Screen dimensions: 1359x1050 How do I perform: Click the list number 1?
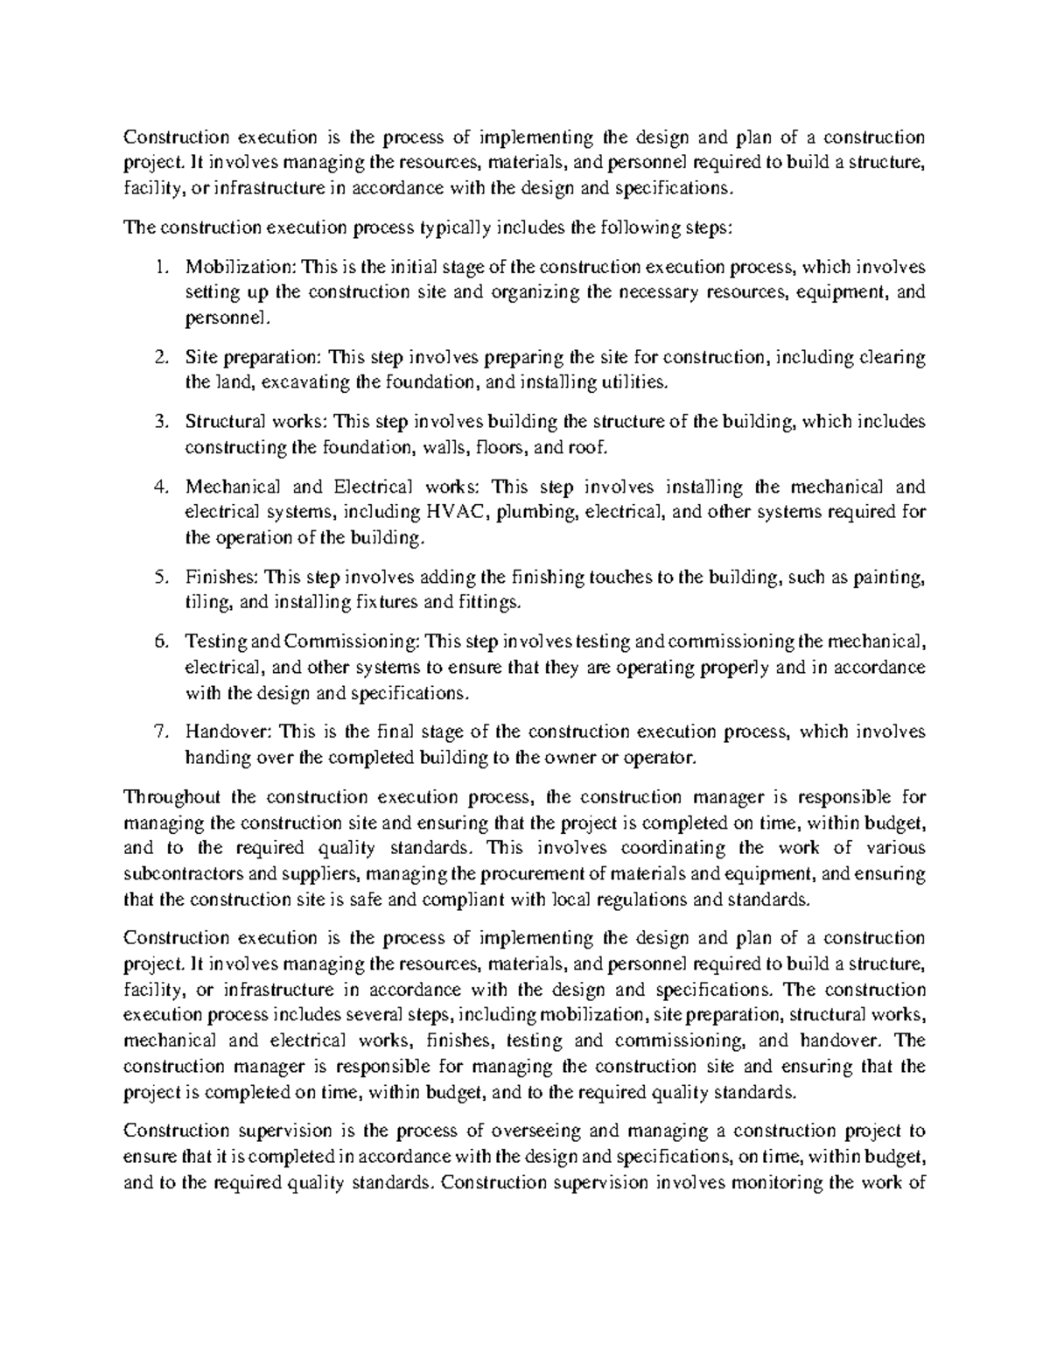158,267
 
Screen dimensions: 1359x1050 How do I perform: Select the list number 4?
159,487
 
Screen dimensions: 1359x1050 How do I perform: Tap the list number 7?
159,732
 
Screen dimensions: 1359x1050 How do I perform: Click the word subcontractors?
184,873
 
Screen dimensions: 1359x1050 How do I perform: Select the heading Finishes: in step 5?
220,577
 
